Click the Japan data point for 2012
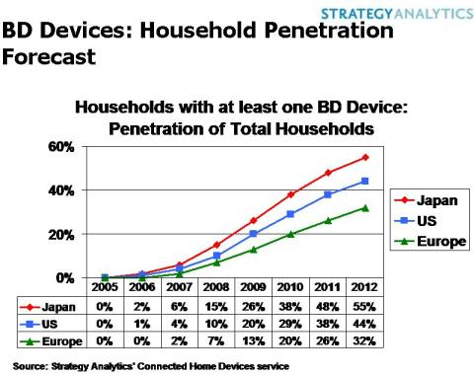(x=366, y=158)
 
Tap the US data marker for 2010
(x=289, y=214)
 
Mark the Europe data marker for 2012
(x=366, y=208)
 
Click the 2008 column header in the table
(x=214, y=288)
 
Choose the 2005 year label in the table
(x=104, y=288)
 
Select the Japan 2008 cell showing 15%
(x=214, y=307)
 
